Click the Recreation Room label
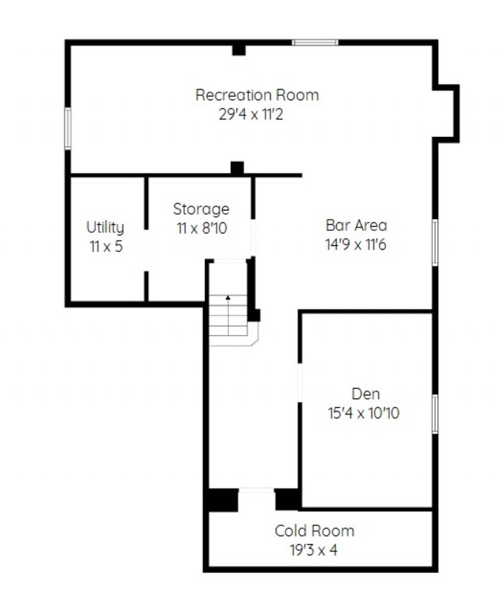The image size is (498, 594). pos(257,95)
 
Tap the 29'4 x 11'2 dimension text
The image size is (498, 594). pos(251,114)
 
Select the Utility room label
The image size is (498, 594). pos(105,228)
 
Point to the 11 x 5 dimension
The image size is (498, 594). pos(106,247)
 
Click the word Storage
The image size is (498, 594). pos(201,209)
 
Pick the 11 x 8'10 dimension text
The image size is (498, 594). pos(202,229)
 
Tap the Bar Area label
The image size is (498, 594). pos(356,225)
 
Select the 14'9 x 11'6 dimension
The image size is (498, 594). pos(355,244)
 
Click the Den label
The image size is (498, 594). pos(366,394)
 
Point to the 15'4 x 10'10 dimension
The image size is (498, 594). pos(364,413)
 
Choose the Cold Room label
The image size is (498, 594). pos(315,531)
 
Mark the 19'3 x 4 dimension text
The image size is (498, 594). pos(314,550)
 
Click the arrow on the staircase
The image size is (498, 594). pos(228,315)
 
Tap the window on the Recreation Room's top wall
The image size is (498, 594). pos(315,42)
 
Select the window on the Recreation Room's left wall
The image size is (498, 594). pos(68,128)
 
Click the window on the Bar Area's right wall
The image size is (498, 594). pos(435,242)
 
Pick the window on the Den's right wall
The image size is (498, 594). pos(435,413)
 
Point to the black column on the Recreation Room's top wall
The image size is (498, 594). pos(238,50)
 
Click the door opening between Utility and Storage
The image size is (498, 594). pos(146,250)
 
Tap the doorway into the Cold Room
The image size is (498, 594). pos(256,491)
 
